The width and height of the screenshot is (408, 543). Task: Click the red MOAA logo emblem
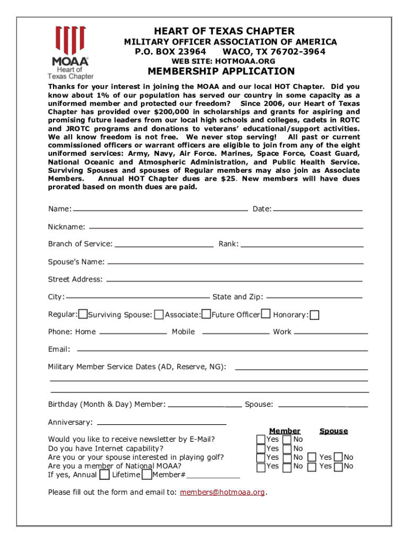70,38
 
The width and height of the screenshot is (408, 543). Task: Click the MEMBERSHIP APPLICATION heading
221,72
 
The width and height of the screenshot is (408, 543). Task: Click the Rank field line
301,246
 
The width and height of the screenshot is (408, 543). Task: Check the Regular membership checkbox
83,314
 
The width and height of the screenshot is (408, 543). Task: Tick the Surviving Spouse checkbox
158,315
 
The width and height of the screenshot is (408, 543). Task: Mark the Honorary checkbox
315,316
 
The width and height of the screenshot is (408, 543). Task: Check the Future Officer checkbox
265,314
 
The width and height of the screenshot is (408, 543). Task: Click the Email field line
222,350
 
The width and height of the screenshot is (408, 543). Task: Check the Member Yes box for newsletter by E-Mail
261,440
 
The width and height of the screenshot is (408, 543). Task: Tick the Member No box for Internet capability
287,449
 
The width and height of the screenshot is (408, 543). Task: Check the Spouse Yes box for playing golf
313,458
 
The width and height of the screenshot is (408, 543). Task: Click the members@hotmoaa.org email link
223,492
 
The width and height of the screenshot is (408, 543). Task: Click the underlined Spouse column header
333,431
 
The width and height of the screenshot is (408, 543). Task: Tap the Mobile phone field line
236,333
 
